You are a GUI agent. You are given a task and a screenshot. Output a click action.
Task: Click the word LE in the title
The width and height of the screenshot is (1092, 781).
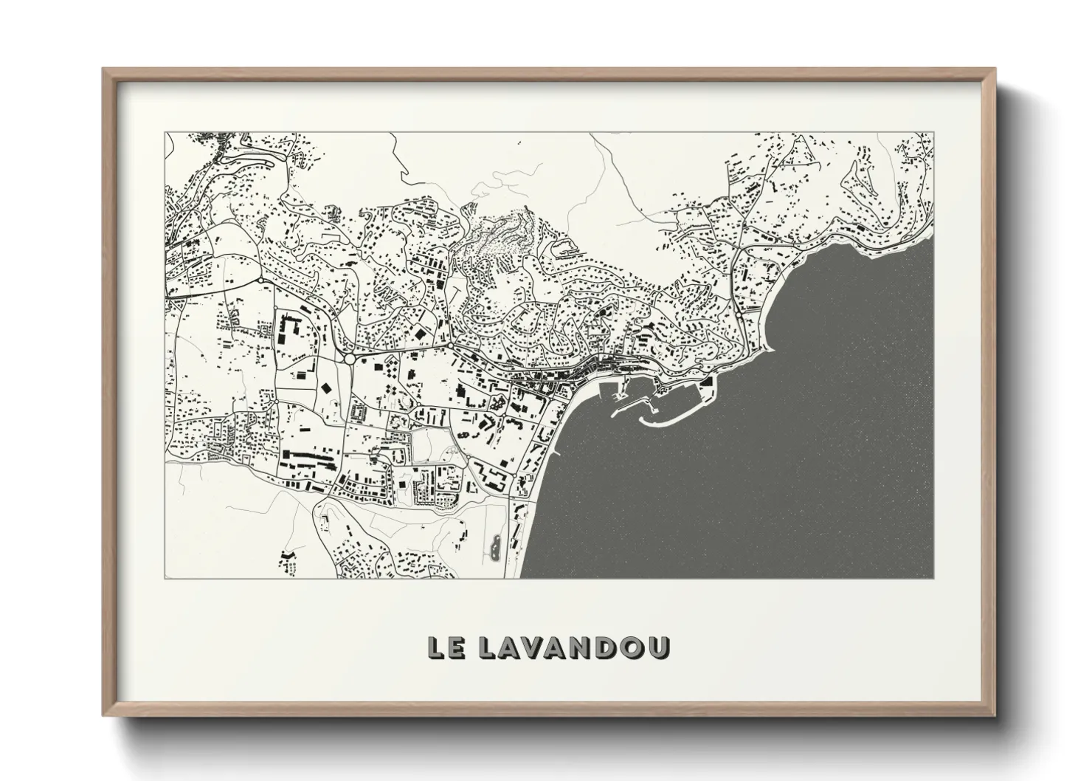click(x=445, y=647)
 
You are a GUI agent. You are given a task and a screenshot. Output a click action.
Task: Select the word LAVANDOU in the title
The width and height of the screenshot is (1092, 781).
click(x=574, y=647)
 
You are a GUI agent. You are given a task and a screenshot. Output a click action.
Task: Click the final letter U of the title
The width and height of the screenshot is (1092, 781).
click(x=659, y=647)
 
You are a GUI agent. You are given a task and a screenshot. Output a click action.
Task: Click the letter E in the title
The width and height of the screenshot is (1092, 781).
click(x=456, y=647)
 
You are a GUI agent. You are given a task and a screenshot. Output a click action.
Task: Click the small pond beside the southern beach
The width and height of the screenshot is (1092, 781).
click(x=494, y=547)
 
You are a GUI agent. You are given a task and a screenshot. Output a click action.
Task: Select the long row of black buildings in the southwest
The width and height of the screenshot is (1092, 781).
click(x=310, y=459)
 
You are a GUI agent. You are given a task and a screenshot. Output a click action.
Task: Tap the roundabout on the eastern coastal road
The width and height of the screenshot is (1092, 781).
click(x=738, y=316)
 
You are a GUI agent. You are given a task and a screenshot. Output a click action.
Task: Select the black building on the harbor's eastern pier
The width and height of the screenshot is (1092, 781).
click(x=707, y=383)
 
